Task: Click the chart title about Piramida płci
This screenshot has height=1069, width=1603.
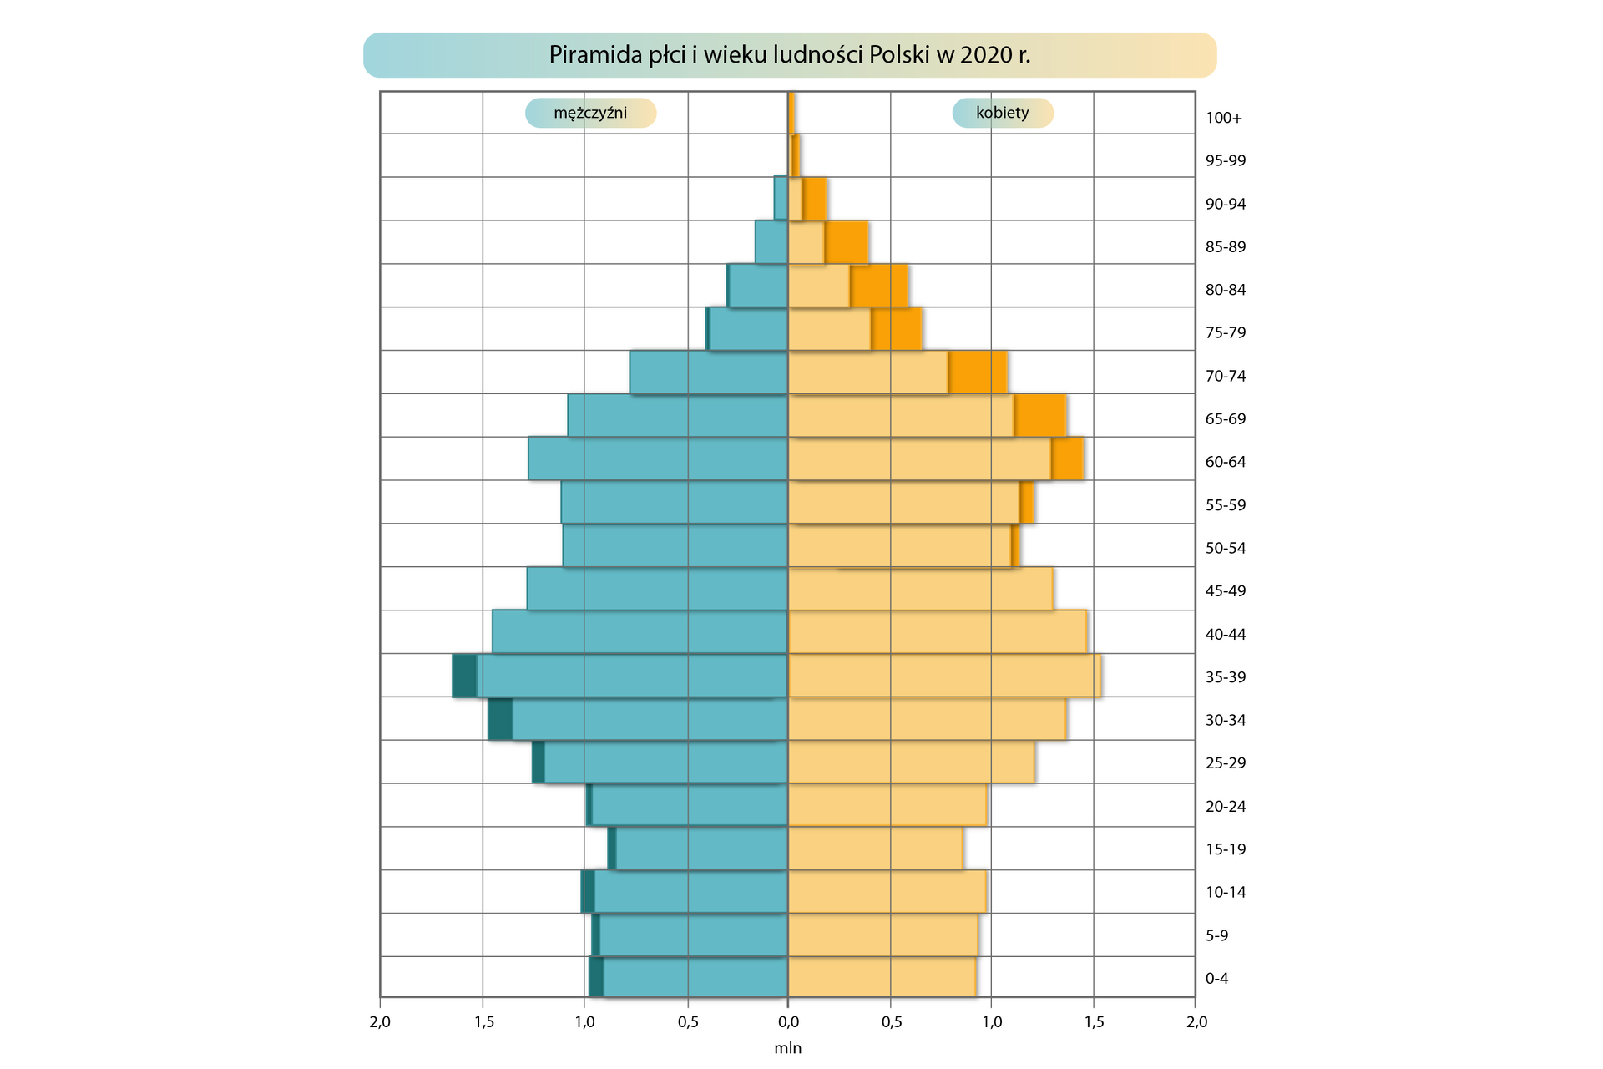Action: (789, 55)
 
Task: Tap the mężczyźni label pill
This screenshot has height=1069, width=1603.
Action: (590, 113)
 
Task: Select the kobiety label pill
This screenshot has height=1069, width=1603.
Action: (1002, 113)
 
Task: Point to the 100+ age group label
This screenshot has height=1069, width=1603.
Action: (1223, 118)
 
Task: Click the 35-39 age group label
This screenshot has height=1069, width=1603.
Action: (1225, 677)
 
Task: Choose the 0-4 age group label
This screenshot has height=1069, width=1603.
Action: (1216, 979)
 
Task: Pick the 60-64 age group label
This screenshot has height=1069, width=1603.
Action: (1225, 462)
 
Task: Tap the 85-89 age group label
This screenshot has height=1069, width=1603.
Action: (1225, 246)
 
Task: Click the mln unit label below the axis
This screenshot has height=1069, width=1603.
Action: (787, 1048)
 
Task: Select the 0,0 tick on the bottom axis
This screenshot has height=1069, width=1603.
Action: (787, 1022)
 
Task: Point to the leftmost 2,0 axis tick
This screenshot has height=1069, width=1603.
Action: (380, 1022)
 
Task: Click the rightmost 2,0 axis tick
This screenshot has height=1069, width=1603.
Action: (1196, 1022)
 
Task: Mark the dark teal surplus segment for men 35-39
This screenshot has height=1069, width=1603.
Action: (464, 676)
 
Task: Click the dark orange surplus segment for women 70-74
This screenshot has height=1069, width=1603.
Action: (978, 372)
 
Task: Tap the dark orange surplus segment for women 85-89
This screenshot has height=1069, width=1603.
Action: (846, 243)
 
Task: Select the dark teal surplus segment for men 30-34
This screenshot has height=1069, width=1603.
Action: (500, 719)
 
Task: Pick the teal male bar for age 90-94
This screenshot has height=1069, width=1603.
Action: (781, 198)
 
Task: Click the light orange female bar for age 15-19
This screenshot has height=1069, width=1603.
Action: (875, 849)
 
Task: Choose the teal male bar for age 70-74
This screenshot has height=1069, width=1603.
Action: (709, 372)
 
